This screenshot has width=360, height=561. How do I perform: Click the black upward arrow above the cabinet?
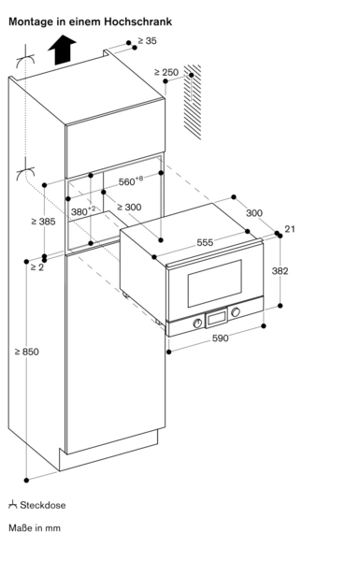(x=62, y=50)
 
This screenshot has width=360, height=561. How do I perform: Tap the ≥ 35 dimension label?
(x=147, y=41)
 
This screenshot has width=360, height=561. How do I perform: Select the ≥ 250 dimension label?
(x=166, y=72)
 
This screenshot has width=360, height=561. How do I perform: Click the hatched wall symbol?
(x=193, y=102)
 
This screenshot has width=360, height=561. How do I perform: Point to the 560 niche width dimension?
(x=131, y=181)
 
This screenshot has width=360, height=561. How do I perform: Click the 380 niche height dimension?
(x=83, y=211)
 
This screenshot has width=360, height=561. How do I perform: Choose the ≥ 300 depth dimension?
(x=129, y=207)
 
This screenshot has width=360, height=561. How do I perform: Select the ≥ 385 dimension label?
(x=43, y=222)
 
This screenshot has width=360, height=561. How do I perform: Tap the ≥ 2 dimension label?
(x=36, y=266)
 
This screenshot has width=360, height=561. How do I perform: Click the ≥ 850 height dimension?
(x=27, y=352)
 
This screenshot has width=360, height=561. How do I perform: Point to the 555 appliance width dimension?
(x=205, y=242)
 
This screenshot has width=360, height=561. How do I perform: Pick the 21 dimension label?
(x=290, y=229)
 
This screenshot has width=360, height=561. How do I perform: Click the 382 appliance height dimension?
(x=280, y=271)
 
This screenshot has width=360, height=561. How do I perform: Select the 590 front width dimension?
(x=220, y=338)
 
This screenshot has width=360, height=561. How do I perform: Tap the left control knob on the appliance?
(x=197, y=324)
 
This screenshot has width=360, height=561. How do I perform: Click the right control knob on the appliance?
(x=236, y=312)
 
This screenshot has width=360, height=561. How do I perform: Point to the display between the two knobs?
(x=216, y=318)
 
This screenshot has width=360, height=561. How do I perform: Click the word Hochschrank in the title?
(x=138, y=22)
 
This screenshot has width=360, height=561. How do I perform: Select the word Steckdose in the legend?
(x=43, y=505)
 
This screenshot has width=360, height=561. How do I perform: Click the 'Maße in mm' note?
(x=35, y=527)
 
